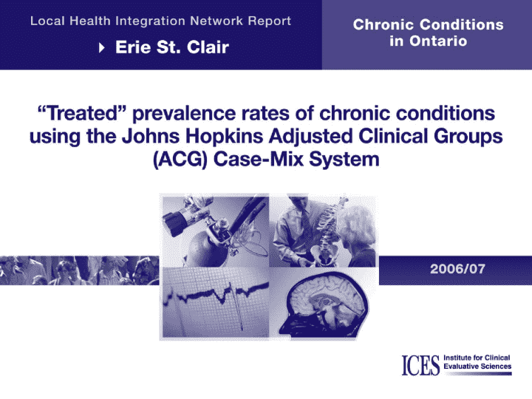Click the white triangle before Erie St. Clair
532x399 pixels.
click(101, 47)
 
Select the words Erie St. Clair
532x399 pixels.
click(172, 47)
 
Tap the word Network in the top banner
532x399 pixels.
click(216, 21)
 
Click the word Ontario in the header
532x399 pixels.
click(438, 41)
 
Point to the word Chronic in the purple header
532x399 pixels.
click(383, 25)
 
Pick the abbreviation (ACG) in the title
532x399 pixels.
click(180, 160)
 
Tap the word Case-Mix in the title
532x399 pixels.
click(258, 159)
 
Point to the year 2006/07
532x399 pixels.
click(457, 269)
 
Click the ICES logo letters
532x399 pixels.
click(420, 366)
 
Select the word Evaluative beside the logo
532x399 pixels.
click(460, 366)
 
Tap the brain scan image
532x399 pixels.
click(324, 304)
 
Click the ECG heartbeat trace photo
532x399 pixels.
click(216, 302)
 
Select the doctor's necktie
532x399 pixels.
click(307, 225)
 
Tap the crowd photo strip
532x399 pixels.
click(79, 270)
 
